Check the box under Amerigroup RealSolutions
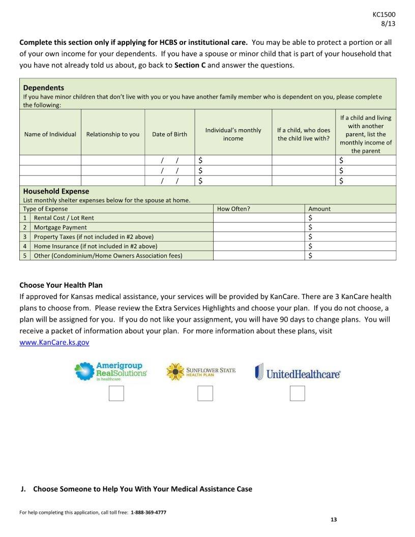tap(116, 394)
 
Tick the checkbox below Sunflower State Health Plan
tap(205, 394)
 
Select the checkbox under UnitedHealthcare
tap(297, 394)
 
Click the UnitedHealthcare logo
tap(298, 372)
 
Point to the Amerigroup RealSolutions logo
tap(110, 372)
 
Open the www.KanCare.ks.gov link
tap(54, 343)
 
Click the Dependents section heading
tap(44, 87)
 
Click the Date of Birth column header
tap(169, 134)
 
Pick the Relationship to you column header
tap(112, 134)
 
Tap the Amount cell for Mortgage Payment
tap(351, 227)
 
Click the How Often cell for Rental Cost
tap(259, 218)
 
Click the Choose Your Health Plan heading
tap(61, 285)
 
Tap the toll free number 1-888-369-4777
tap(148, 512)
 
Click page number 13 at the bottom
tap(334, 519)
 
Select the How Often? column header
tap(233, 208)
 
